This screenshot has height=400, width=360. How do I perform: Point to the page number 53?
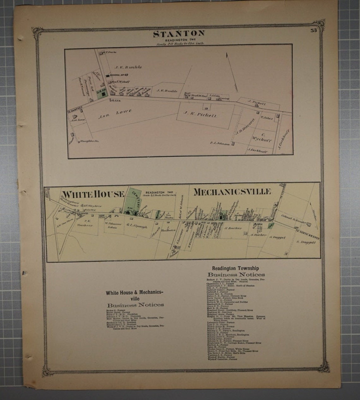pyautogui.click(x=313, y=31)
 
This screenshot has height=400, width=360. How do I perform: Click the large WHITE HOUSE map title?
pyautogui.click(x=93, y=194)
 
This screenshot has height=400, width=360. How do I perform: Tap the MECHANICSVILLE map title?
pyautogui.click(x=232, y=191)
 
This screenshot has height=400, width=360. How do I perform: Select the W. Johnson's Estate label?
pyautogui.click(x=108, y=225)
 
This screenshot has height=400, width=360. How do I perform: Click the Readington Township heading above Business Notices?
pyautogui.click(x=236, y=268)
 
